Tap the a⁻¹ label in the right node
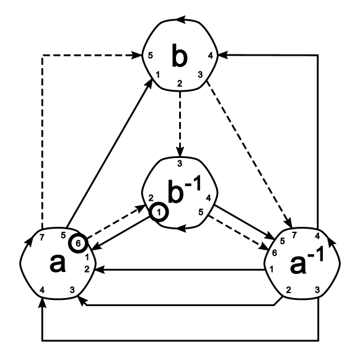click(x=304, y=268)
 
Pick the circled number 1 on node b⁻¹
click(x=159, y=212)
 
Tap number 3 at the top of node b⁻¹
click(x=180, y=164)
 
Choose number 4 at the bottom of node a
click(x=42, y=291)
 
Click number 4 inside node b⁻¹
click(x=208, y=199)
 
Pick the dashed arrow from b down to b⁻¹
click(x=180, y=124)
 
